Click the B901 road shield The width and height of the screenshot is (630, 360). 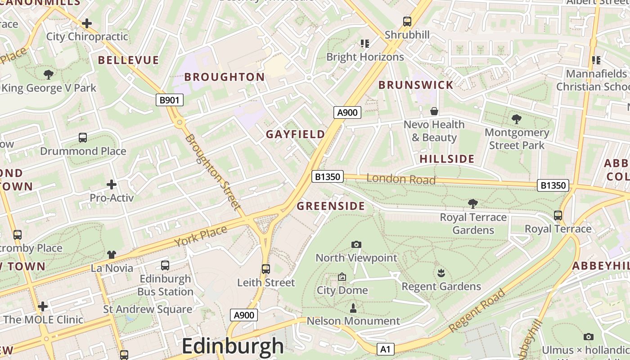pyautogui.click(x=170, y=100)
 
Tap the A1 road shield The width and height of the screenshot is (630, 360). pyautogui.click(x=385, y=349)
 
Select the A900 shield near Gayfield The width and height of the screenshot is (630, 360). pyautogui.click(x=347, y=112)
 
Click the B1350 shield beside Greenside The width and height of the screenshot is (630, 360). pyautogui.click(x=328, y=176)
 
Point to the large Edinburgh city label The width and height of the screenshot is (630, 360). pyautogui.click(x=233, y=346)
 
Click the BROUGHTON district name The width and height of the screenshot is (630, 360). pyautogui.click(x=225, y=77)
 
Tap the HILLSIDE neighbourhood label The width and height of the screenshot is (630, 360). pyautogui.click(x=447, y=159)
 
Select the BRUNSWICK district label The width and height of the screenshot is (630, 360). pyautogui.click(x=416, y=85)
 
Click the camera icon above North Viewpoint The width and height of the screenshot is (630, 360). pyautogui.click(x=356, y=244)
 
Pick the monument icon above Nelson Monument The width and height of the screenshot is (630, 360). pyautogui.click(x=353, y=308)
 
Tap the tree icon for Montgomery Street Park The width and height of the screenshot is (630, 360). pyautogui.click(x=517, y=119)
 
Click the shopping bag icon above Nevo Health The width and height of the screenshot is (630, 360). pyautogui.click(x=434, y=111)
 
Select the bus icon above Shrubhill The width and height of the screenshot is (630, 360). pyautogui.click(x=407, y=21)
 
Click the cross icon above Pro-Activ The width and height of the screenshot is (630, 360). pyautogui.click(x=112, y=184)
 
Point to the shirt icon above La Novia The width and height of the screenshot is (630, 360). pyautogui.click(x=112, y=255)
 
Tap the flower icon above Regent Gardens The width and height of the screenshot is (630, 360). pyautogui.click(x=441, y=273)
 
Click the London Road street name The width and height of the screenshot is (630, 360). pyautogui.click(x=401, y=179)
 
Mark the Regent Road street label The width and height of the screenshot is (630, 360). pyautogui.click(x=477, y=310)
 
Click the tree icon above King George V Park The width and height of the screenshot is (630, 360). pyautogui.click(x=49, y=74)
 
